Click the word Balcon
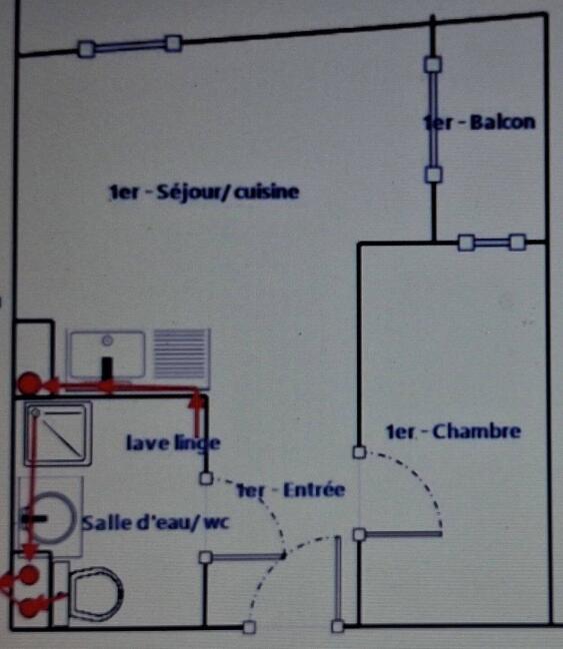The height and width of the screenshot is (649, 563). click(502, 123)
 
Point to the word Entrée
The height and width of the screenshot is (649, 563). click(314, 490)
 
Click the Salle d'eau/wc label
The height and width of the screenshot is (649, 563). click(155, 522)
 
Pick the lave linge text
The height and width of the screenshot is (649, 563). click(173, 443)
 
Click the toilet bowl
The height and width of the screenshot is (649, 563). click(95, 594)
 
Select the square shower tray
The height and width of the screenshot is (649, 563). click(58, 433)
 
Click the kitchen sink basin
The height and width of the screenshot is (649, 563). click(107, 355)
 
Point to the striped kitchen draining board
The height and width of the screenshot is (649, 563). click(182, 354)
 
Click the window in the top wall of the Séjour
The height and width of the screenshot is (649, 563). click(130, 46)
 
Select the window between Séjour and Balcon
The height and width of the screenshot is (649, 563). click(433, 119)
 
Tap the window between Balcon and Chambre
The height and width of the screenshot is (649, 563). click(492, 243)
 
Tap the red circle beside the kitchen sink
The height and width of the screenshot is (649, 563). click(29, 383)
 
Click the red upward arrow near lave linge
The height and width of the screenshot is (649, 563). click(197, 415)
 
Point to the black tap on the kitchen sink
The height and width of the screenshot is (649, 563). click(107, 368)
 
